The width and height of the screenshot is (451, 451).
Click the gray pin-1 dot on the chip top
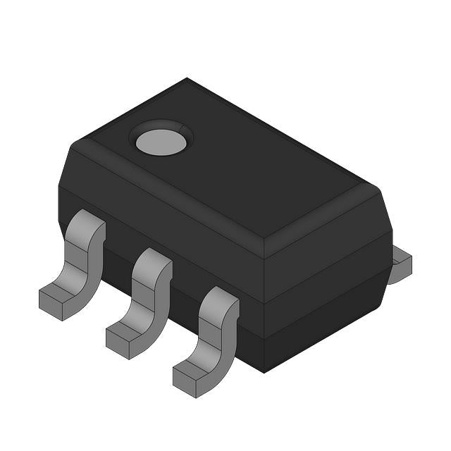(x=161, y=142)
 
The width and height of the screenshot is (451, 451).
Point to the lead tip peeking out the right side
(x=400, y=264)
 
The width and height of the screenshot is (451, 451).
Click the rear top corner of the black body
(x=187, y=79)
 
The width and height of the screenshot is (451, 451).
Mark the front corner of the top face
(x=264, y=236)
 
